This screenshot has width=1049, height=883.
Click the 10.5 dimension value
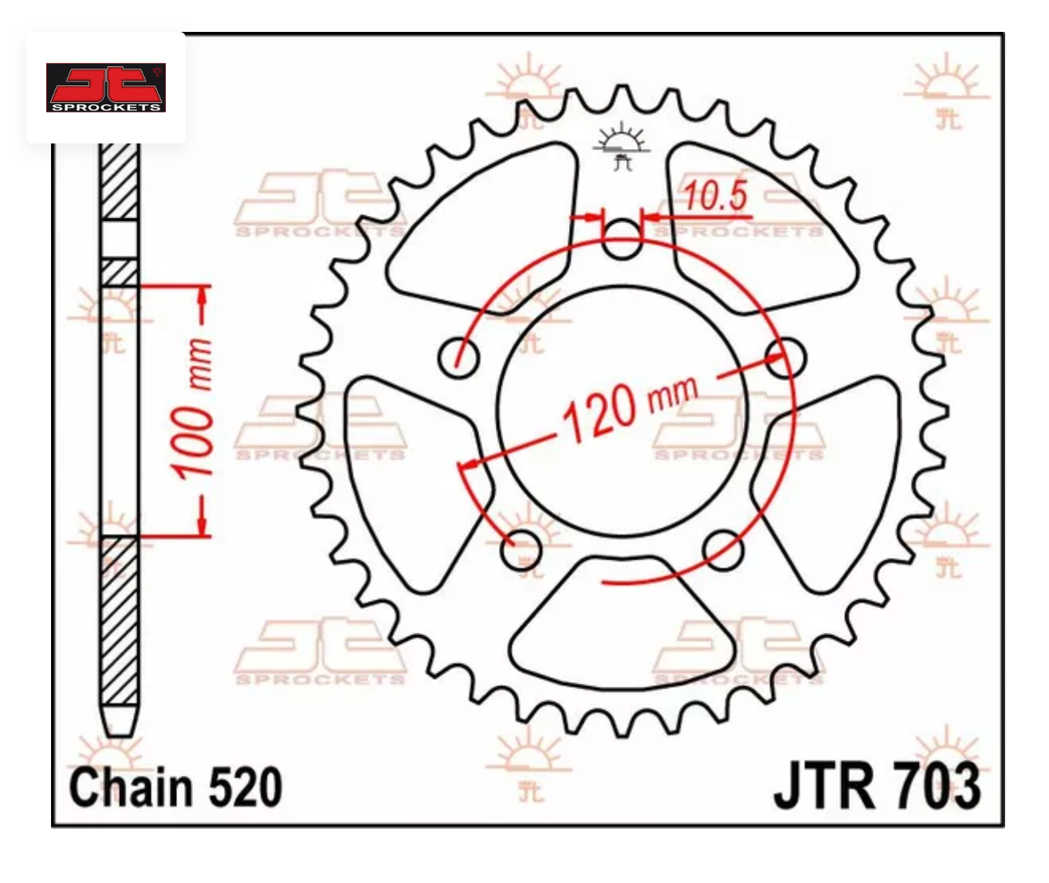pos(715,197)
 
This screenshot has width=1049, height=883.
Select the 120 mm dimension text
pos(630,408)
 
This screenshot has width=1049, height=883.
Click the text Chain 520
pos(175,787)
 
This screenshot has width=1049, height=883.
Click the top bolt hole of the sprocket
pos(622,238)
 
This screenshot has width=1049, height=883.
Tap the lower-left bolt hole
pos(522,548)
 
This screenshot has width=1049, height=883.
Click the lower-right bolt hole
pos(724,548)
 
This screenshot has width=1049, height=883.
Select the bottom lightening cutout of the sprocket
pos(622,630)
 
